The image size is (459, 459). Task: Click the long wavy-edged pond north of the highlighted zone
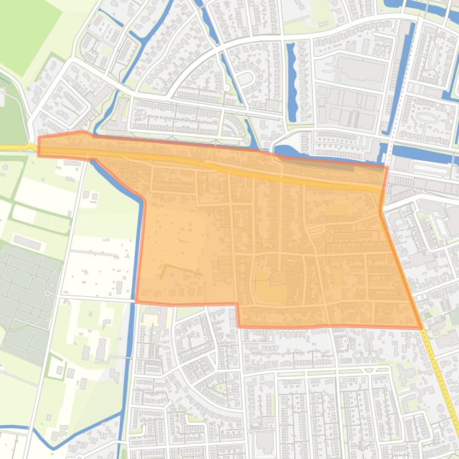click(292, 80)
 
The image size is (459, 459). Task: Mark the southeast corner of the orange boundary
click(421, 328)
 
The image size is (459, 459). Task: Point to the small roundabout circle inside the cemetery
click(47, 293)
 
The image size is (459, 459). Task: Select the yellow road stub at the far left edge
click(12, 147)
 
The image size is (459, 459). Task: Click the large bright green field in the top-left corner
click(27, 30)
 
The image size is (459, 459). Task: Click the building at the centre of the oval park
click(275, 279)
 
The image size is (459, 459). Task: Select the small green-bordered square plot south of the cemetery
click(56, 366)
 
